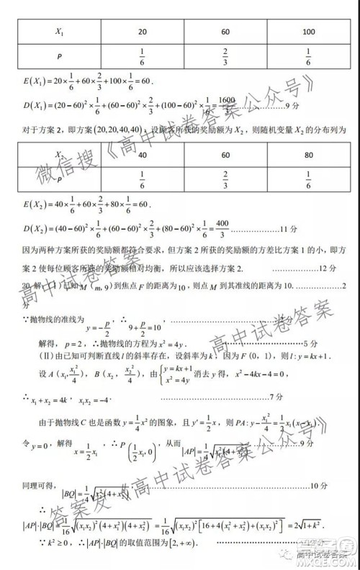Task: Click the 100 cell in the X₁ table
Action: pyautogui.click(x=309, y=32)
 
